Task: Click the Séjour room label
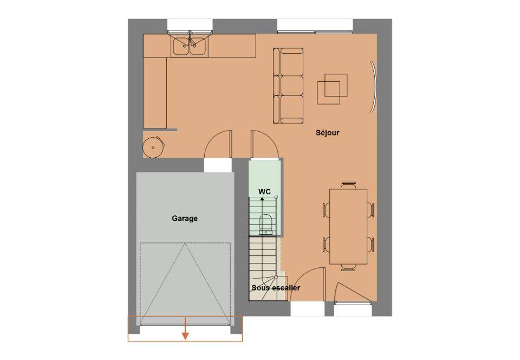[x=327, y=133]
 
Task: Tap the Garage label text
[x=185, y=218]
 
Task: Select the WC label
[x=265, y=191]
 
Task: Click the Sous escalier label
[x=276, y=288]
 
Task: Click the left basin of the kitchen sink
[x=181, y=47]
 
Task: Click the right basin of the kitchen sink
[x=199, y=47]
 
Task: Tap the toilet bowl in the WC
[x=266, y=221]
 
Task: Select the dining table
[x=348, y=227]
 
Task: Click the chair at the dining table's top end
[x=348, y=185]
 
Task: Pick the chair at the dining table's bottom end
[x=348, y=267]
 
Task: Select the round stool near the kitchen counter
[x=153, y=147]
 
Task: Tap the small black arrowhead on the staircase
[x=262, y=199]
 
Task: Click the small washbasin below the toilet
[x=265, y=232]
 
